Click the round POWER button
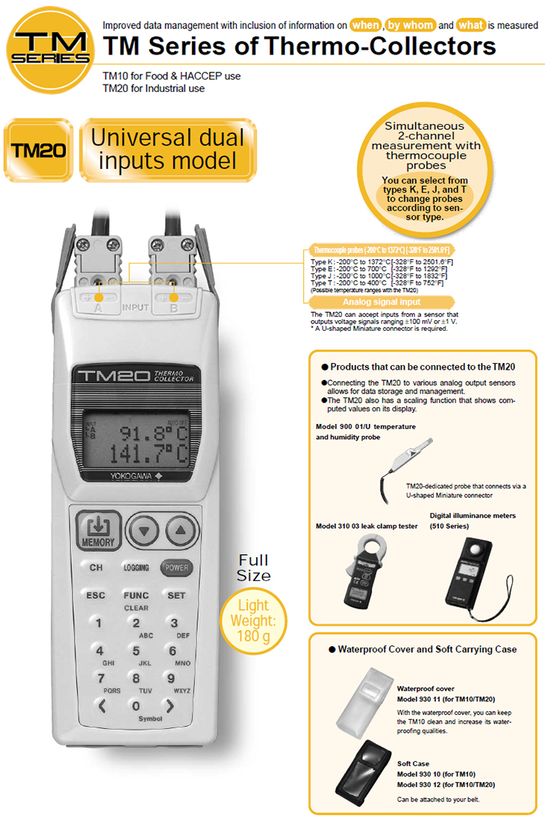pyautogui.click(x=177, y=568)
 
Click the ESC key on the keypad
pyautogui.click(x=96, y=596)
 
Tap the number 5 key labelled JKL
pyautogui.click(x=136, y=651)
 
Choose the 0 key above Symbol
pyautogui.click(x=136, y=706)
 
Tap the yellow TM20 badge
pyautogui.click(x=38, y=150)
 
